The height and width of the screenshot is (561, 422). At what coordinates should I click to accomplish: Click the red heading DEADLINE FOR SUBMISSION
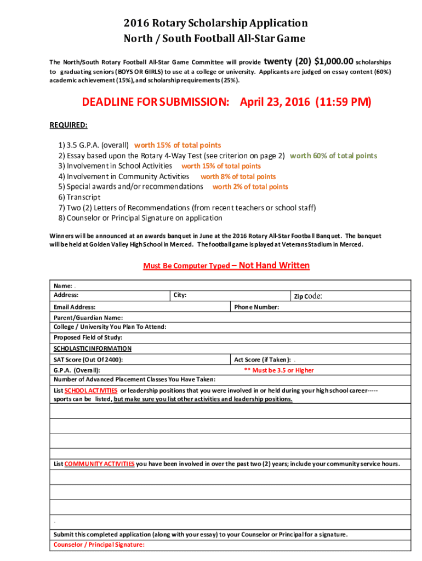coord(155,102)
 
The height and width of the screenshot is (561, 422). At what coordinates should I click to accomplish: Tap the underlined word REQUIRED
coord(69,125)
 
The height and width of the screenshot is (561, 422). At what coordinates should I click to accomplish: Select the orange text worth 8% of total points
coord(238,176)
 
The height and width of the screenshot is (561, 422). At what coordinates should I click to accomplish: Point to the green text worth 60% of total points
coord(333,156)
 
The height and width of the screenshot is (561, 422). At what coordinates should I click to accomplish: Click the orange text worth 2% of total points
coord(250,187)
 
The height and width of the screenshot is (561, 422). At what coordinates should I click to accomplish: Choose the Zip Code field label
coord(307,296)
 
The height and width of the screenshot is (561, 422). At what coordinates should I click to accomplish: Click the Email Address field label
coord(75,307)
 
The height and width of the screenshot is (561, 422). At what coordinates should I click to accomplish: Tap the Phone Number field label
coord(256,307)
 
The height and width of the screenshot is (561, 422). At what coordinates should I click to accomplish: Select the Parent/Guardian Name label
coord(88,318)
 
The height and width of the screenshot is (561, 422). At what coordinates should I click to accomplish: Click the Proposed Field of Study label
coord(88,337)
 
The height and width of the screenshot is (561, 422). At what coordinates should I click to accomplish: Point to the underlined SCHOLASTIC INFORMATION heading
coord(92,348)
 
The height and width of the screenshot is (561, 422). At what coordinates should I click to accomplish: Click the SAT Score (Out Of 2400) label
coord(88,360)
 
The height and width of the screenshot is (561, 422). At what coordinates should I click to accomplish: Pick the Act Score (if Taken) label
coord(263,360)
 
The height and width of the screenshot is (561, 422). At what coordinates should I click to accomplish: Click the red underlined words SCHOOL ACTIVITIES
coord(91,391)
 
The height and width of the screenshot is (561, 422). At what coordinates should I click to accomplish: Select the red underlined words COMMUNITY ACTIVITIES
coord(99,464)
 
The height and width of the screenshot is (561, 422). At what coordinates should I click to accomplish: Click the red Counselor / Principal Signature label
coord(99,545)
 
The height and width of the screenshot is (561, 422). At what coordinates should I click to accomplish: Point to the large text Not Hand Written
coord(275,266)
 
